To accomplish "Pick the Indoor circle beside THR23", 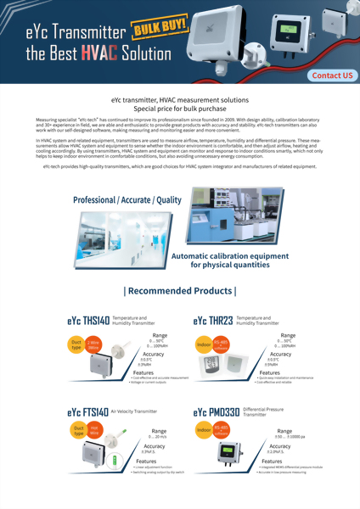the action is pyautogui.click(x=203, y=345).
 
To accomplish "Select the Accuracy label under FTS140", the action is pyautogui.click(x=155, y=445).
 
